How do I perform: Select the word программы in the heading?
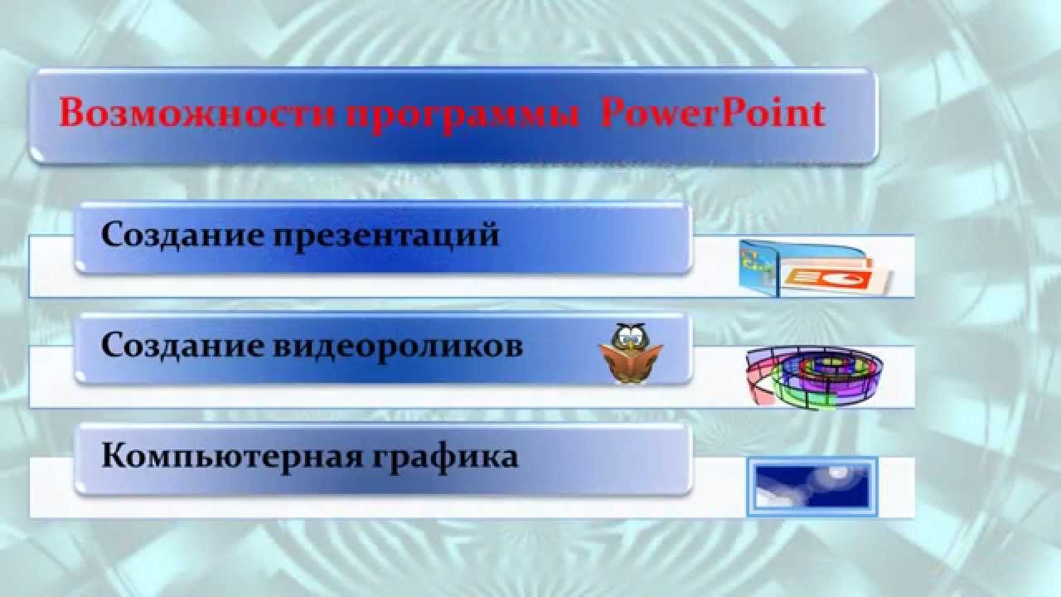click(x=463, y=117)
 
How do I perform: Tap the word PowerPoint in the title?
click(x=714, y=113)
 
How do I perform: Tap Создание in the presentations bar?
click(x=182, y=235)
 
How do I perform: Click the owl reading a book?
click(x=631, y=353)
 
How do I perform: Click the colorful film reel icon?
click(x=814, y=377)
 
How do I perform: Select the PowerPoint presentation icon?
click(x=815, y=269)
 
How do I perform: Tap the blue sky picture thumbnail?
click(x=812, y=487)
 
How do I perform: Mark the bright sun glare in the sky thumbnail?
click(x=837, y=472)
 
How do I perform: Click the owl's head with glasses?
click(x=630, y=336)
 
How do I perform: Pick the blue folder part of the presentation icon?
click(x=758, y=268)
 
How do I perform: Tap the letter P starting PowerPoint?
click(x=615, y=113)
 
